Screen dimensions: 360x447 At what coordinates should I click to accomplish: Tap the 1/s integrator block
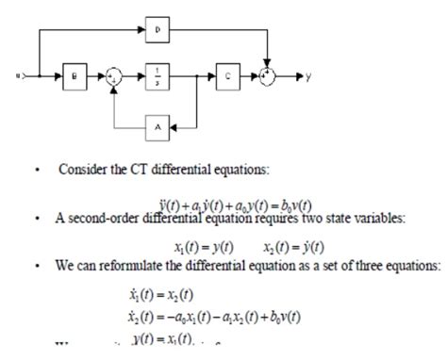coord(157,74)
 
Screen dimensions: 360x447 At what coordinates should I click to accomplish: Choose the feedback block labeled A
coord(157,124)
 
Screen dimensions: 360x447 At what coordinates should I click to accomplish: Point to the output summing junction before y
coord(271,74)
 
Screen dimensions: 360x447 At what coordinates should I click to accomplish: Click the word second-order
coord(107,221)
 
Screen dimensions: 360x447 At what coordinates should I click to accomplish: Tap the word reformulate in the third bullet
coord(134,267)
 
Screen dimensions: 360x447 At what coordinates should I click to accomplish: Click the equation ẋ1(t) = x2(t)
coord(175,294)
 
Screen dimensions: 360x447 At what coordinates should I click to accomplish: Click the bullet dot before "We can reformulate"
coord(35,267)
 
